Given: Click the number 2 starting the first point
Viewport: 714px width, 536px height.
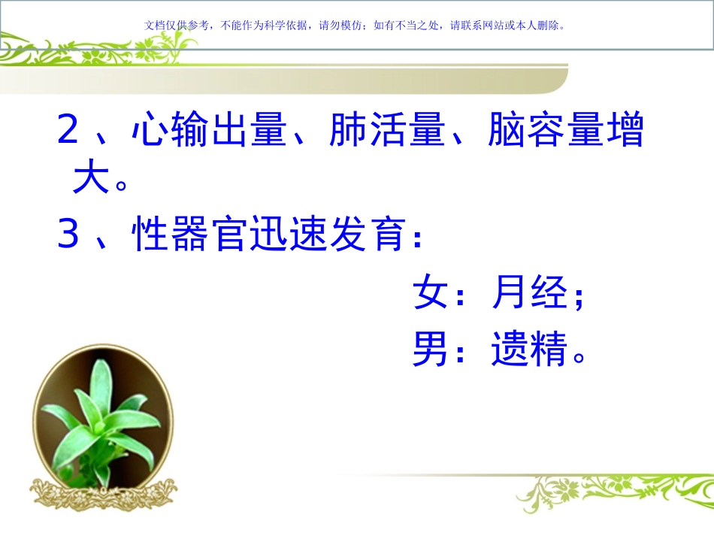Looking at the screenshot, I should pos(68,132).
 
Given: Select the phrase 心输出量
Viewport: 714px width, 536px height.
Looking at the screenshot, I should pos(209,132).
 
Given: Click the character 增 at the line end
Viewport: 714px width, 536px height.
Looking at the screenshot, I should pos(624,132).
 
